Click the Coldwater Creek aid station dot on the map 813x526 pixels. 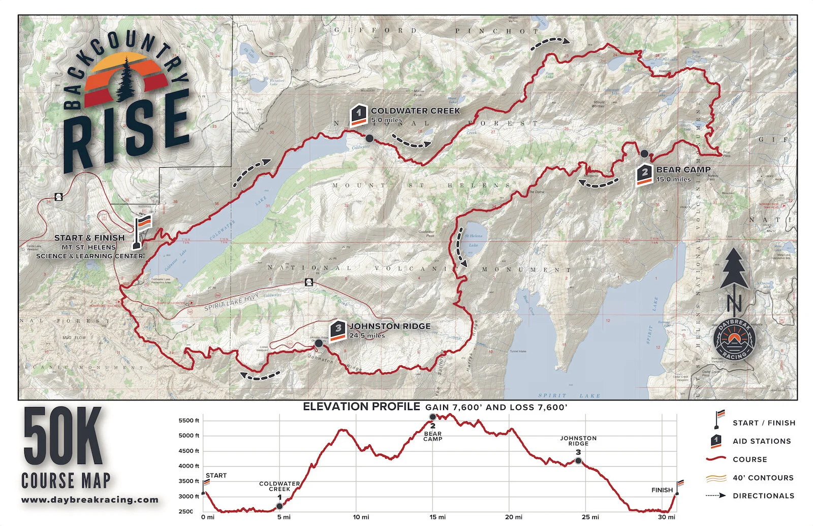(369, 138)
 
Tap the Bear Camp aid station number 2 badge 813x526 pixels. (644, 175)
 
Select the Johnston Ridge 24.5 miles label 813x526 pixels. (389, 330)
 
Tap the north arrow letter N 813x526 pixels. (734, 303)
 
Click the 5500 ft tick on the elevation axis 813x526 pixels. (189, 421)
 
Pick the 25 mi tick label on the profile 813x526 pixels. (590, 517)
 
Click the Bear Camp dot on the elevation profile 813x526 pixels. (433, 417)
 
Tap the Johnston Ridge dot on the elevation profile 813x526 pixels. (578, 461)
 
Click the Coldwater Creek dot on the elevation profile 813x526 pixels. (279, 506)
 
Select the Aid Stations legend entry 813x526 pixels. (761, 441)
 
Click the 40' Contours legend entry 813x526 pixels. (763, 478)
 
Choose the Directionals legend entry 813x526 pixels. (763, 496)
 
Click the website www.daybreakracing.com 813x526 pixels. (90, 500)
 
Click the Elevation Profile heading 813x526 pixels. (361, 407)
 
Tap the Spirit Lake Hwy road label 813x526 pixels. (231, 302)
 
